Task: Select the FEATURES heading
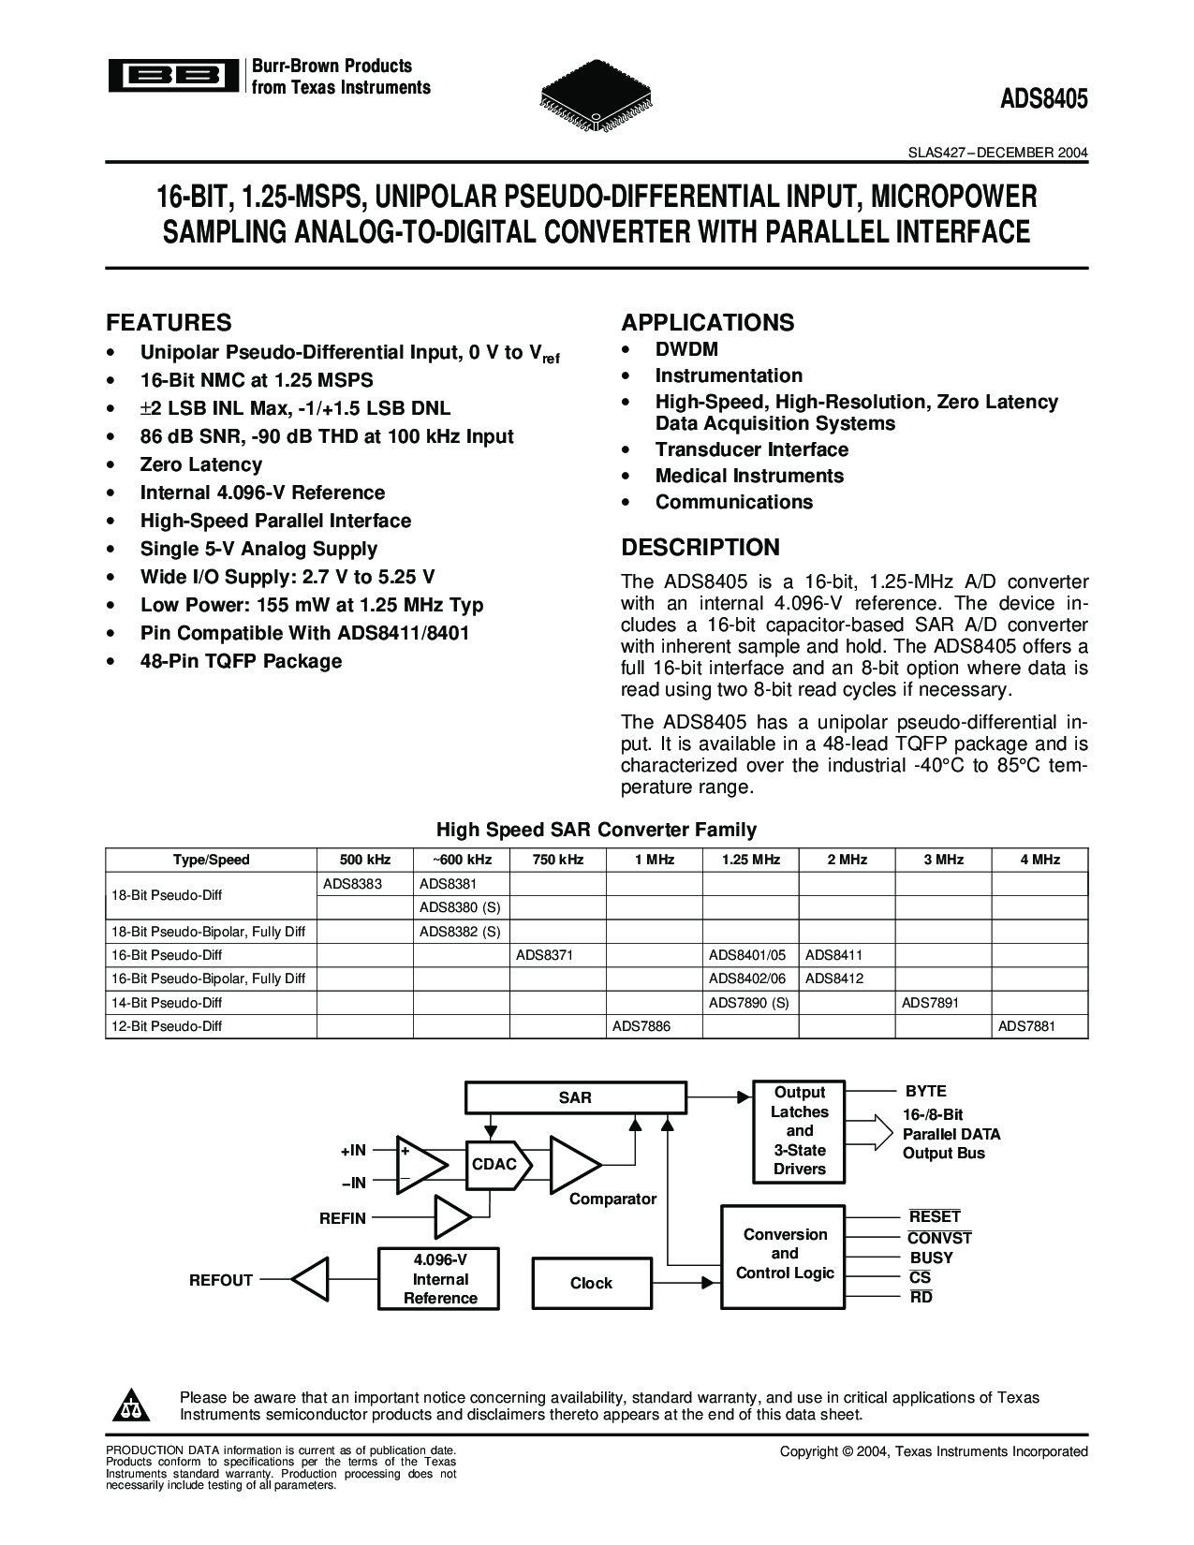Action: pos(169,323)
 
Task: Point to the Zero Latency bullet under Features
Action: pos(200,464)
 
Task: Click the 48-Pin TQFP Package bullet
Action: pos(241,661)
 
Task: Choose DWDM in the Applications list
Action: pos(686,349)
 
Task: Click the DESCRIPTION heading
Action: pos(700,548)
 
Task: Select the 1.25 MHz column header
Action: pos(751,860)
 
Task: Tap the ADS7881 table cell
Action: pos(1026,1026)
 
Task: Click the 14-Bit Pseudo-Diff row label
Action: pos(167,1002)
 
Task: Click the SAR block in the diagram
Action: pos(574,1097)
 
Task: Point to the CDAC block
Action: pos(495,1165)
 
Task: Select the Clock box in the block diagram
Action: pos(591,1283)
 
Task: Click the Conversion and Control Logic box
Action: pos(785,1254)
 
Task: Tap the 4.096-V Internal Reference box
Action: pos(440,1279)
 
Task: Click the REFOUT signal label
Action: pos(221,1280)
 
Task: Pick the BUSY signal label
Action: pos(931,1258)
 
